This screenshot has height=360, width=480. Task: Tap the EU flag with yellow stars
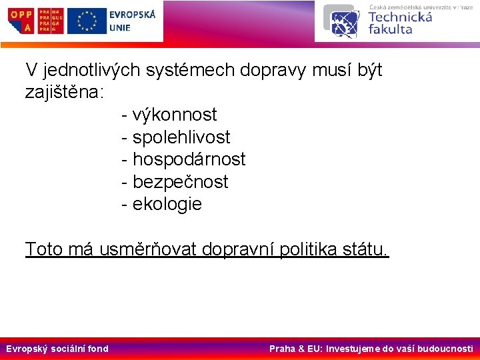point(87,21)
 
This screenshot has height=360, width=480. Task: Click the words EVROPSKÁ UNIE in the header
point(131,21)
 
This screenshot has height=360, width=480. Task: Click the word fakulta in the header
point(390,29)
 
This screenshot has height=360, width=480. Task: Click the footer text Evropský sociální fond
point(57,348)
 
